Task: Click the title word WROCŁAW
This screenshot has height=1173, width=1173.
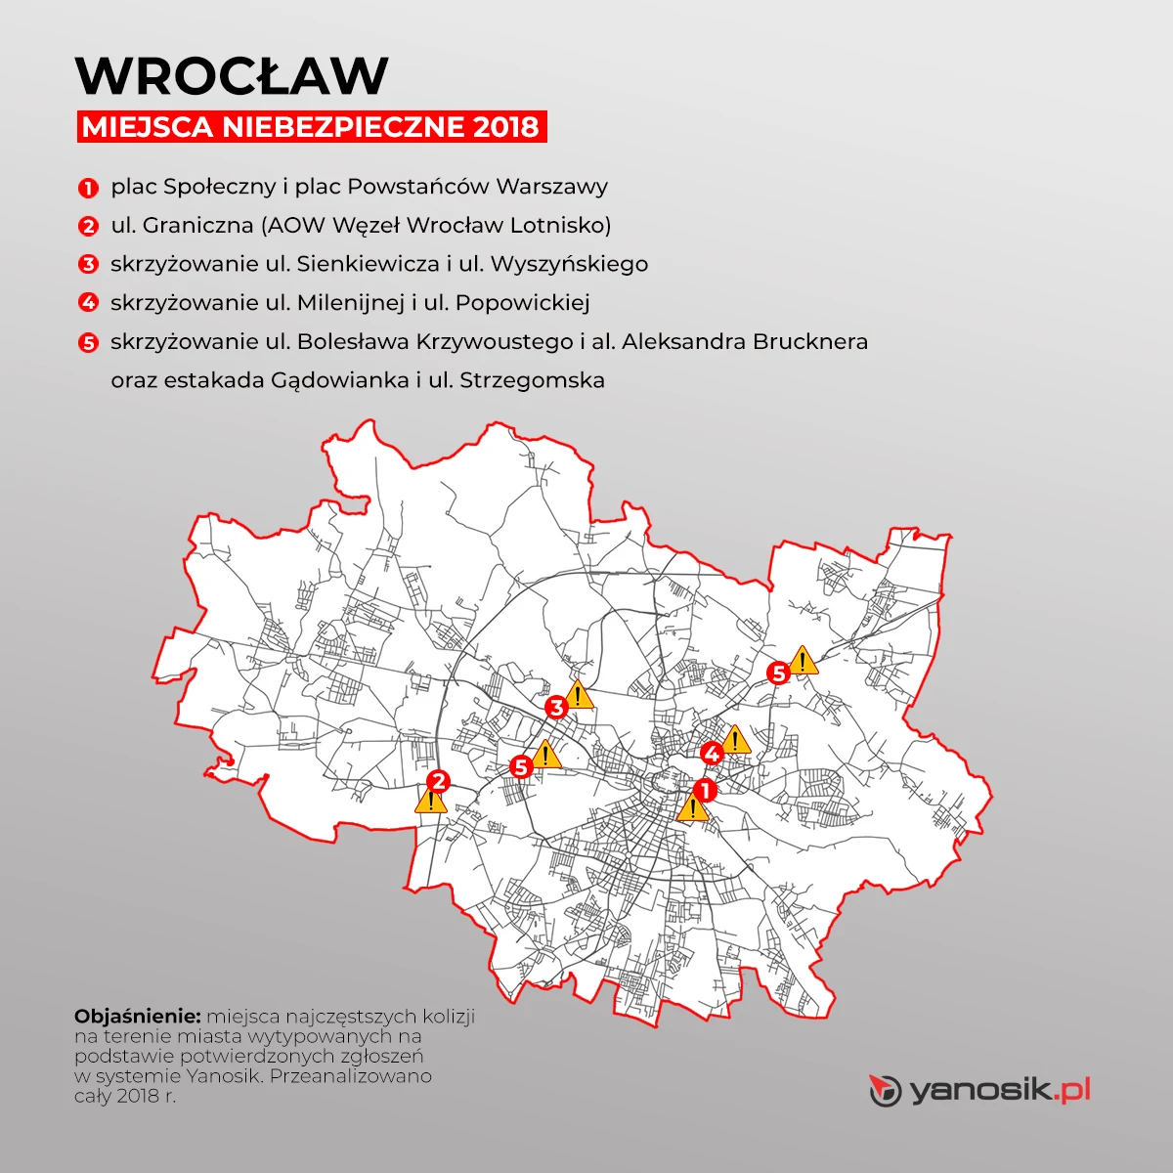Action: pos(232,75)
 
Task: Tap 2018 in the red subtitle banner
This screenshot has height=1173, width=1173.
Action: pos(504,127)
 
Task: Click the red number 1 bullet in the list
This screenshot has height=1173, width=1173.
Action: pos(89,187)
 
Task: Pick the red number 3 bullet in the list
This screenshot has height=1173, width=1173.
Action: pos(89,264)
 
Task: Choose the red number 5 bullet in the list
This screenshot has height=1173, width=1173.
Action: pos(89,342)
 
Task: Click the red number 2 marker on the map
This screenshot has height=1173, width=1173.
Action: pos(438,780)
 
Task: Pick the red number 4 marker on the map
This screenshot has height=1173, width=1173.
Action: pos(712,754)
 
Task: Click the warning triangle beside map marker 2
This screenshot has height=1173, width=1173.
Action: pos(430,802)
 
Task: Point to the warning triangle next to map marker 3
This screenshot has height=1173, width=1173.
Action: pos(580,695)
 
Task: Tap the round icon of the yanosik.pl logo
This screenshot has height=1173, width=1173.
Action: pos(885,1090)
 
